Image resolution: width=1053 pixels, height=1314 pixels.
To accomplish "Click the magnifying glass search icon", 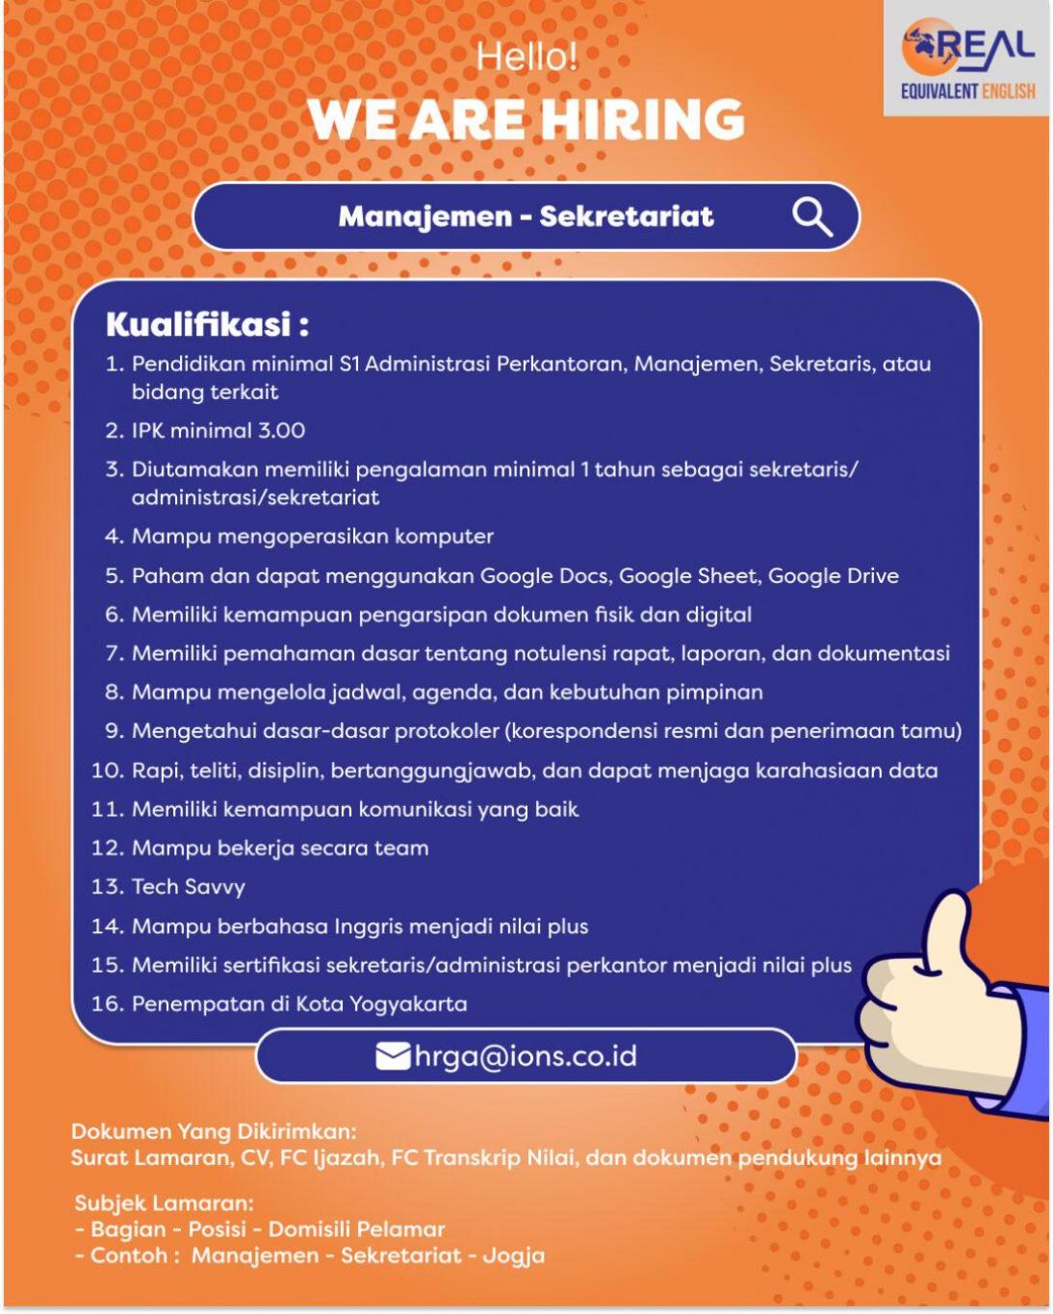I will pos(812,217).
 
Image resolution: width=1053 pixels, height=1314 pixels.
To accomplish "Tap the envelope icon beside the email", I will pos(393,1056).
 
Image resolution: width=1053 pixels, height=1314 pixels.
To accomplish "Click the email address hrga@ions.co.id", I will pos(526,1056).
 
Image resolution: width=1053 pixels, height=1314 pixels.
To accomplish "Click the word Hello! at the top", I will pos(526,57).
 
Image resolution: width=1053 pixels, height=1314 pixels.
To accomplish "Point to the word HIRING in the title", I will pos(643,119).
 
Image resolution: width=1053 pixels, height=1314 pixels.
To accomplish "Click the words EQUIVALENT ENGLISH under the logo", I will pos(967,92).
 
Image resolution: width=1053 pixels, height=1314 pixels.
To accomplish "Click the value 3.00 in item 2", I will pos(281,431).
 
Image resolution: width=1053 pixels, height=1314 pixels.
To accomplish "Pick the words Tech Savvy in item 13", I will pos(189,887).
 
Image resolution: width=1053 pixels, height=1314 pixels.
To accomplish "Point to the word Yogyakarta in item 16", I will pos(408,1004).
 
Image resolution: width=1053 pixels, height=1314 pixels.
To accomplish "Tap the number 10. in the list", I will pos(108,771).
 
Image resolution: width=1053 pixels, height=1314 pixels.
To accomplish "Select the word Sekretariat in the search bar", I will pos(627,216).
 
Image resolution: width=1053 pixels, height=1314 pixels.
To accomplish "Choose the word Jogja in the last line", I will pos(514,1256).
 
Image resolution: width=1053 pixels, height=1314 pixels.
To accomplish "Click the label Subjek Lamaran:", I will pos(164,1203).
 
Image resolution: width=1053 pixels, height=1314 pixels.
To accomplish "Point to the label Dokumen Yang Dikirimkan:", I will pos(214,1131).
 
